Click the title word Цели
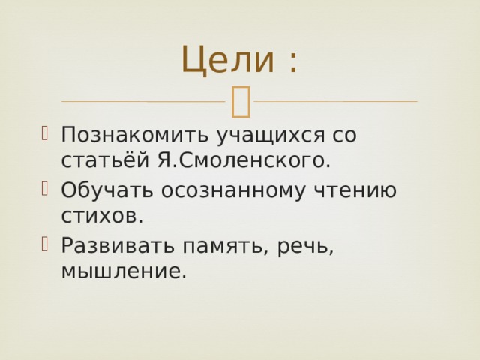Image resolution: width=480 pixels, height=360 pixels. (x=228, y=60)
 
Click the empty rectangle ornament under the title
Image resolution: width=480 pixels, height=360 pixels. (x=241, y=102)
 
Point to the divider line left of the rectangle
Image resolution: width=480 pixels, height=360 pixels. (x=143, y=101)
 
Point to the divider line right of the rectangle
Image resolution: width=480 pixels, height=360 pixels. (x=336, y=101)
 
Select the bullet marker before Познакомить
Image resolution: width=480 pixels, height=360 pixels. (x=45, y=133)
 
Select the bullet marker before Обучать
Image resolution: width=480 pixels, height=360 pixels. (x=45, y=188)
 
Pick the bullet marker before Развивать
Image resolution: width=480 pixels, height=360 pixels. (x=45, y=244)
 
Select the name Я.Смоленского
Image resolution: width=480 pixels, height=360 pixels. (x=244, y=160)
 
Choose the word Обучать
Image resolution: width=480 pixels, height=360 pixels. (x=106, y=190)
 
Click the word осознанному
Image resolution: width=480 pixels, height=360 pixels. (x=233, y=191)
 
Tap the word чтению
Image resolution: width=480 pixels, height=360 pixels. (x=355, y=190)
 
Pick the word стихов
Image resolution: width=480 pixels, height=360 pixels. (x=102, y=217)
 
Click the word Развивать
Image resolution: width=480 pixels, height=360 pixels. (x=118, y=245)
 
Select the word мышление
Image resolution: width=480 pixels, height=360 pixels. (x=124, y=271)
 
